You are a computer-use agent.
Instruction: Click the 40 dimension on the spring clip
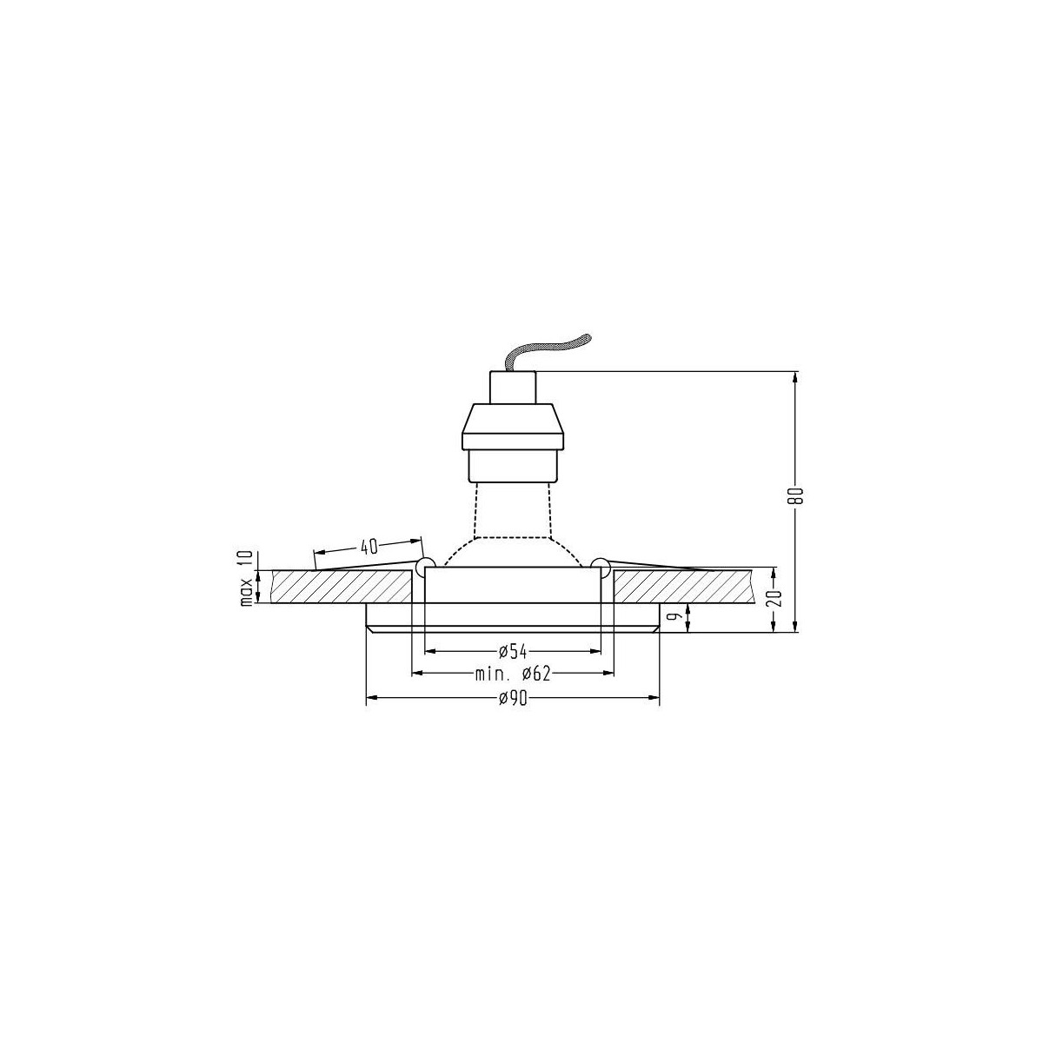(x=369, y=547)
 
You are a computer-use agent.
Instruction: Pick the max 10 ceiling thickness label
(x=247, y=578)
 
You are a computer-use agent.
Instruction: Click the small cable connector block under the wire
(x=513, y=388)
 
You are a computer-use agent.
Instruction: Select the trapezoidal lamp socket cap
(x=513, y=425)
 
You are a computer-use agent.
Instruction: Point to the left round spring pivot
(x=426, y=567)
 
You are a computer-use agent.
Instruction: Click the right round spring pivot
(x=599, y=567)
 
